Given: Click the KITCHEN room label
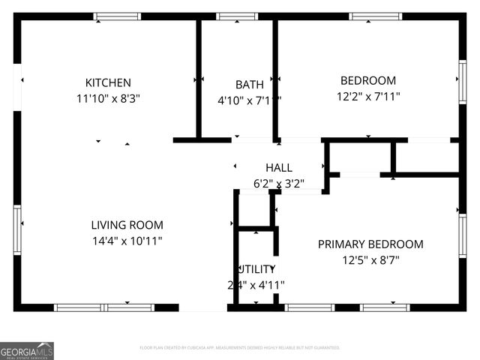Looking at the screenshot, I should pyautogui.click(x=108, y=82).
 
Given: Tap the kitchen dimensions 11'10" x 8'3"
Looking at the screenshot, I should pyautogui.click(x=108, y=97).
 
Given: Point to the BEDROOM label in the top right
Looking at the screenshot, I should pyautogui.click(x=368, y=81).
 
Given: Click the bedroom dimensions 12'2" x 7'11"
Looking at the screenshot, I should pyautogui.click(x=368, y=96).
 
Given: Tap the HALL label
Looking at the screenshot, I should pyautogui.click(x=278, y=168).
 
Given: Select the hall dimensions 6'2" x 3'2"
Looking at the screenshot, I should pyautogui.click(x=278, y=182).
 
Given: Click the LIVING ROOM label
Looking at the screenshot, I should pyautogui.click(x=127, y=225).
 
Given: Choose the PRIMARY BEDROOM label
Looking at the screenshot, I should pyautogui.click(x=370, y=244).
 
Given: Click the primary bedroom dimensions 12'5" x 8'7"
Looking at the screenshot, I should pyautogui.click(x=370, y=259).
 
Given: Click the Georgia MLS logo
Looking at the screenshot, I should pyautogui.click(x=27, y=351).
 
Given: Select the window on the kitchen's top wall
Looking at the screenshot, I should pyautogui.click(x=116, y=16).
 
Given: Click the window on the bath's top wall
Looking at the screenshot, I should pyautogui.click(x=237, y=16).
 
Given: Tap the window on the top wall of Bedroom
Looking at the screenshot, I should pyautogui.click(x=375, y=16).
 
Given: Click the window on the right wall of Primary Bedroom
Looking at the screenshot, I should pyautogui.click(x=463, y=235).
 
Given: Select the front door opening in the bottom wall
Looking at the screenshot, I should pyautogui.click(x=202, y=307).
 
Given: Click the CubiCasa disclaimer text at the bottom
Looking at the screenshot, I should pyautogui.click(x=240, y=348).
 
